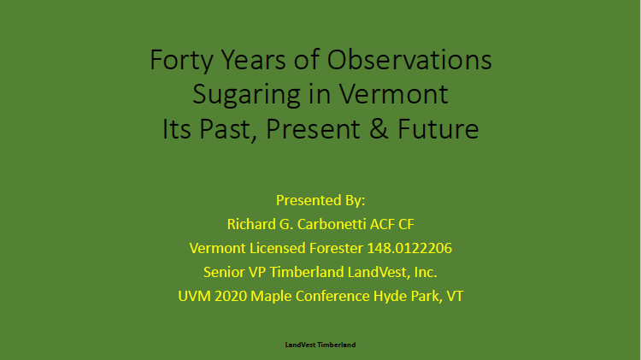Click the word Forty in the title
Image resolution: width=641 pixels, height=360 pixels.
pos(181,61)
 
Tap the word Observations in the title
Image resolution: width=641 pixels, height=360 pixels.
pos(409,60)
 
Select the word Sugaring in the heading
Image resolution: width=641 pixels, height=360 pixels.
pos(246,95)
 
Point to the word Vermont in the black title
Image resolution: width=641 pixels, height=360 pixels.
pos(394,94)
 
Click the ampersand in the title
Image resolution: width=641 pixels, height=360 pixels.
pos(379,129)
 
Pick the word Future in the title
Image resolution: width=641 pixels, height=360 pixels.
pos(438,129)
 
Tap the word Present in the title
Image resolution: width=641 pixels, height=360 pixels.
pos(313,129)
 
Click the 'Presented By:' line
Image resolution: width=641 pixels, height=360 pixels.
pos(320,200)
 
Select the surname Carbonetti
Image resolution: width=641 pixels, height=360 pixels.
pos(332,224)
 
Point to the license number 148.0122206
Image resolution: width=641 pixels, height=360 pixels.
pos(409,248)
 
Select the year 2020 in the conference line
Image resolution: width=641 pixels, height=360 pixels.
pos(231,296)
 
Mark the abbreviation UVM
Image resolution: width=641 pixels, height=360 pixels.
pos(194,296)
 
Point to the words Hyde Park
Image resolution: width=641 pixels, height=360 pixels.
pos(408,296)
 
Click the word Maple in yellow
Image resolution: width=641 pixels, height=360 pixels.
pos(271,297)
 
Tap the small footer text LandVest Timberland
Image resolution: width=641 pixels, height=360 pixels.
pos(320,345)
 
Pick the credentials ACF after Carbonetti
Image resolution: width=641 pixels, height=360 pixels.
pos(382,224)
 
